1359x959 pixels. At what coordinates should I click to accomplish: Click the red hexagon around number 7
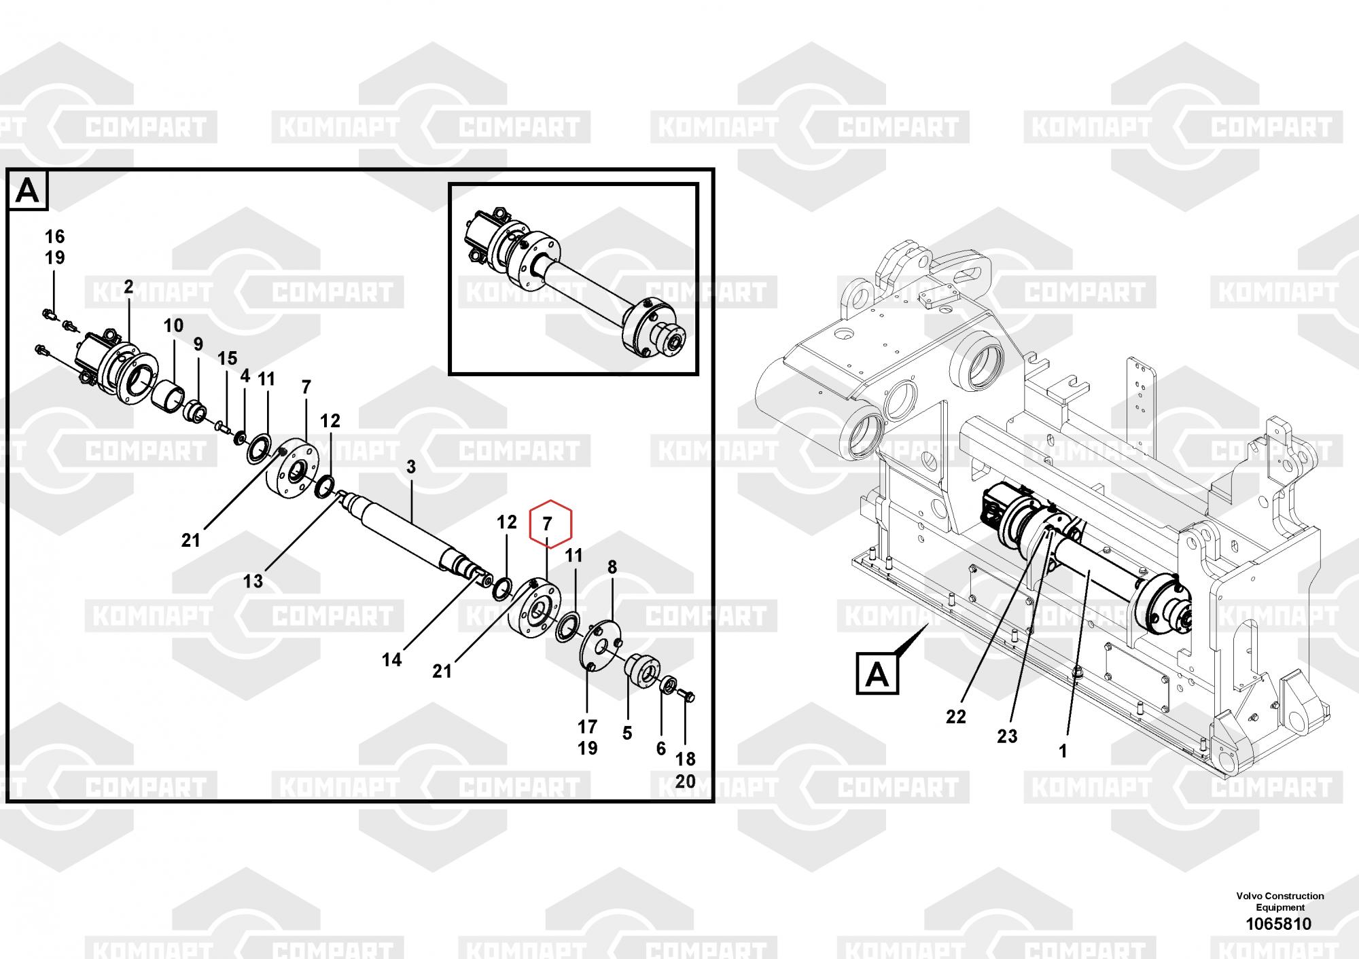click(x=550, y=524)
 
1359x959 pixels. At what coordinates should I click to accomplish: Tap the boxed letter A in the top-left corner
click(x=27, y=191)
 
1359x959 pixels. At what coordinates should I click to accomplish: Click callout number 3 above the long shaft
click(x=411, y=467)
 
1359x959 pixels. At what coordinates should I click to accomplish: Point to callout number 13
click(x=253, y=581)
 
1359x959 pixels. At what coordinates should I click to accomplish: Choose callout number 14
click(x=391, y=659)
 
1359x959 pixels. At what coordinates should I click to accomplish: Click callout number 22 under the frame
click(x=955, y=716)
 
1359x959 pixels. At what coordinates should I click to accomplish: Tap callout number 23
click(x=1007, y=736)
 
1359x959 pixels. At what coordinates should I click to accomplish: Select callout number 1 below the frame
click(x=1063, y=751)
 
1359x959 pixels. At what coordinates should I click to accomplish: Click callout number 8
click(x=612, y=567)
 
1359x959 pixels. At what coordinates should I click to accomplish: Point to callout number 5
click(x=626, y=733)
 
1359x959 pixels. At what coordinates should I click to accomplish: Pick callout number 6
click(x=660, y=748)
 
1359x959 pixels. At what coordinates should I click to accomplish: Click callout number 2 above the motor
click(x=128, y=287)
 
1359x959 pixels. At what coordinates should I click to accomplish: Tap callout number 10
click(x=173, y=325)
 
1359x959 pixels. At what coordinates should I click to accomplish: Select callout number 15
click(x=227, y=358)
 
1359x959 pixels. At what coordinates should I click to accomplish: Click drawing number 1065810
click(x=1278, y=924)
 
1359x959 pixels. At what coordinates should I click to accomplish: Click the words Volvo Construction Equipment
click(x=1280, y=901)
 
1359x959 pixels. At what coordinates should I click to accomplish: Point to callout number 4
click(x=245, y=376)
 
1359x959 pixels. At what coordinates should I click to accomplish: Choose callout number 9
click(x=198, y=344)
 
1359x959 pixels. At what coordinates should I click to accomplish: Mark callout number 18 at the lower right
click(x=685, y=759)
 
